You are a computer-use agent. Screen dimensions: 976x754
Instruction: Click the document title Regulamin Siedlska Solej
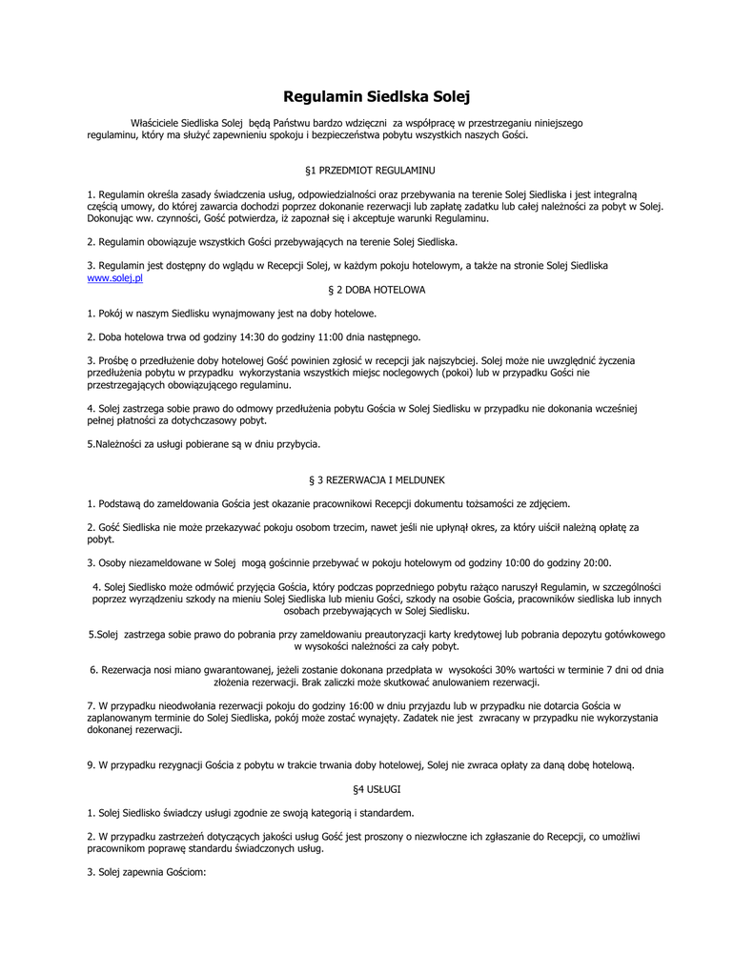point(377,96)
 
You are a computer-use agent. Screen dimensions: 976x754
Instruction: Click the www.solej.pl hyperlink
point(114,277)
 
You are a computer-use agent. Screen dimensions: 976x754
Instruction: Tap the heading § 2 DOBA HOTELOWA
point(377,289)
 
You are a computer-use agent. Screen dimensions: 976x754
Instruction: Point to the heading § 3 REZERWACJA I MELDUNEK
point(377,479)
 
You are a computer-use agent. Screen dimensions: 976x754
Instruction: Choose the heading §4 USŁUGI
point(377,789)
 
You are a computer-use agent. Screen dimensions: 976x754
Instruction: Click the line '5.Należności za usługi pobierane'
point(203,443)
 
